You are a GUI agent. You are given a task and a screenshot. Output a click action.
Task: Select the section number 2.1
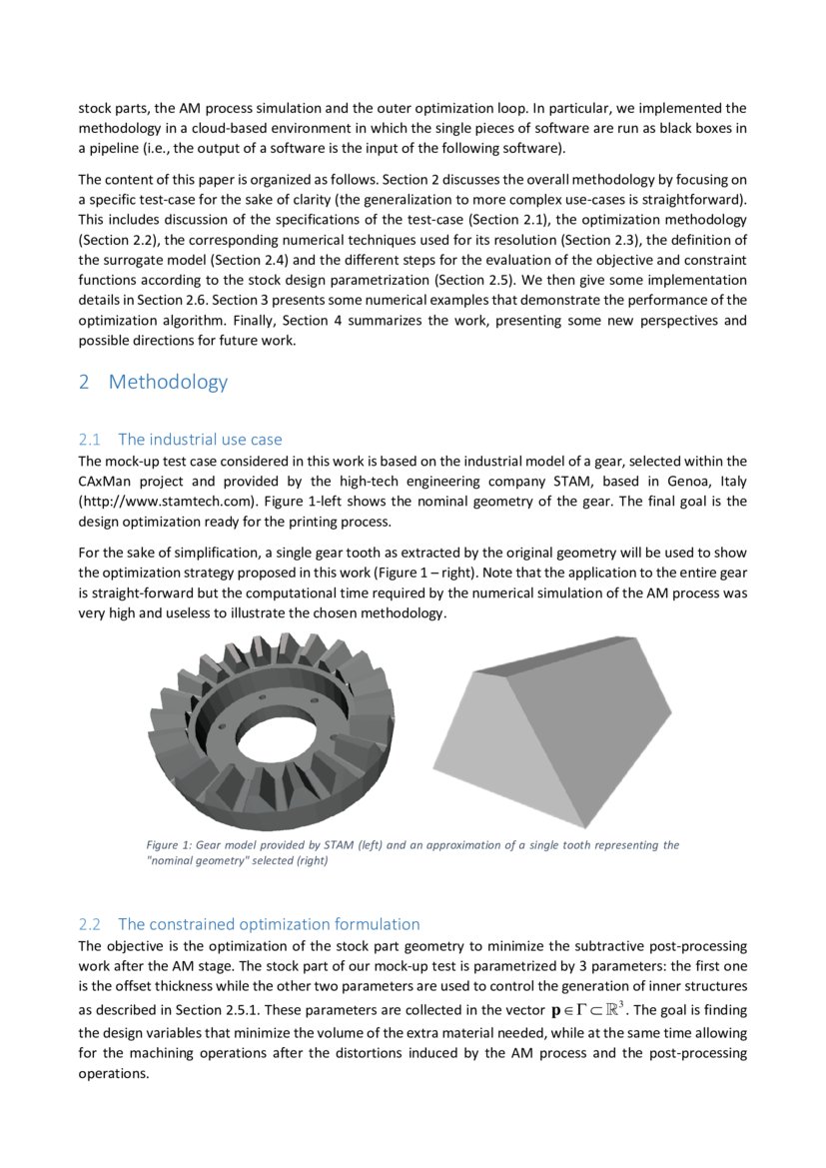(90, 440)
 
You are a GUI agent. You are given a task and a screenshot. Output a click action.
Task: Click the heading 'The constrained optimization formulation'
(269, 924)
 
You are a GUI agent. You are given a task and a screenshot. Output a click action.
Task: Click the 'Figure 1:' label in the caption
(168, 845)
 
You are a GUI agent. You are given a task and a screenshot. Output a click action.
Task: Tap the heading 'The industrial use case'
(200, 440)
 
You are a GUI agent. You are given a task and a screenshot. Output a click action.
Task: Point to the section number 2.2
(90, 924)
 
